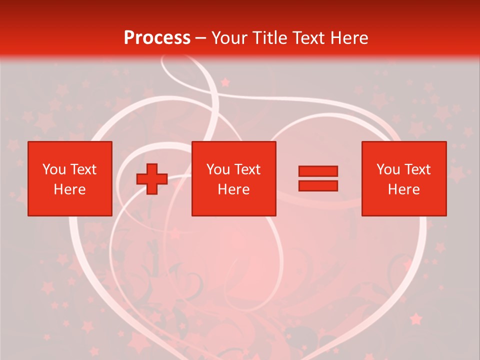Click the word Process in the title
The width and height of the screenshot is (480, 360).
(x=157, y=38)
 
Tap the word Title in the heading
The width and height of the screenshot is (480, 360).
(x=270, y=38)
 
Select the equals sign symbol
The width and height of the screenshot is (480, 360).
(x=318, y=178)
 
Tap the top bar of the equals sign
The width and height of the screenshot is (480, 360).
(x=318, y=171)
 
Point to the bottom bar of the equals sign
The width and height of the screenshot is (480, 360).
(x=318, y=185)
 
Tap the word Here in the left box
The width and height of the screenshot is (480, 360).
(x=69, y=189)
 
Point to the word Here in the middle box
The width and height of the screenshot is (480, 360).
(x=233, y=189)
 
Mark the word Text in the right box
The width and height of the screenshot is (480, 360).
(x=416, y=169)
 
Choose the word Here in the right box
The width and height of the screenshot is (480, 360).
(x=403, y=189)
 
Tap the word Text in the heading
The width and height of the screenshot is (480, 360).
(x=308, y=38)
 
